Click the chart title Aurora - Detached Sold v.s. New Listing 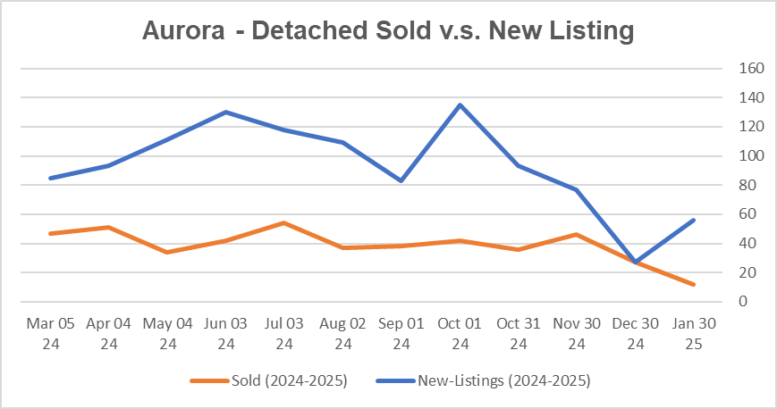tap(388, 30)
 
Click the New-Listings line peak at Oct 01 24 tap(460, 105)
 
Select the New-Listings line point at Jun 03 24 tap(225, 113)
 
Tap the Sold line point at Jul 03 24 tap(284, 222)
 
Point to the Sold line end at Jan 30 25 tap(694, 285)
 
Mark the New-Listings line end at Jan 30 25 tap(694, 220)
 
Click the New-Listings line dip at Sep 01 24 tap(401, 181)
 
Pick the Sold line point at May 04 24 tap(167, 252)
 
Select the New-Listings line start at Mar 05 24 tap(50, 179)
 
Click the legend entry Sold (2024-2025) tap(268, 381)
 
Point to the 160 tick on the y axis tap(749, 69)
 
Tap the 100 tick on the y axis tap(749, 156)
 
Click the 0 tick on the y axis tap(743, 302)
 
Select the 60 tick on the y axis tap(747, 214)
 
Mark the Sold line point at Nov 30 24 tap(577, 235)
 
